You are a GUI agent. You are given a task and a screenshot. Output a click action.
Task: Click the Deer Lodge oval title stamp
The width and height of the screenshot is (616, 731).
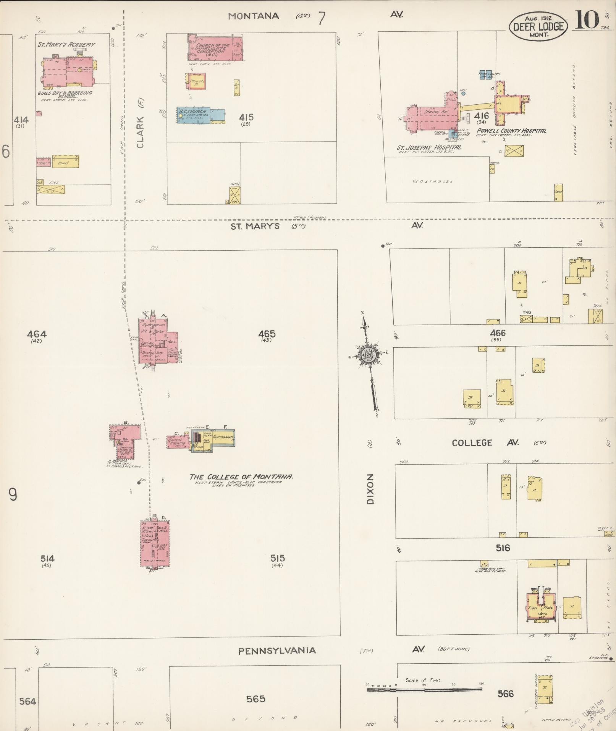(538, 26)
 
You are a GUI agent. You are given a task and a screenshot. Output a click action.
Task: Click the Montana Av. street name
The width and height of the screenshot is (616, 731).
(254, 16)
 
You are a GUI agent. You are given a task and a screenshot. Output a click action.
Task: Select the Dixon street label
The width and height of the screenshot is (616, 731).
(370, 489)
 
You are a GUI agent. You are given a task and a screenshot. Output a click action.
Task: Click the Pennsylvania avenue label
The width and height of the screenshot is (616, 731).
(277, 650)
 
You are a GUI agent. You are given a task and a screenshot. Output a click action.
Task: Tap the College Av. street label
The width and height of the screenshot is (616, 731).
(483, 442)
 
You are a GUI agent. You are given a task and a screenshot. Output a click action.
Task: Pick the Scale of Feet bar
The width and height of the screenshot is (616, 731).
(424, 690)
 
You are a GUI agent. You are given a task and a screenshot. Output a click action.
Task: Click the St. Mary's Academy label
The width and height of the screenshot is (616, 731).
(66, 45)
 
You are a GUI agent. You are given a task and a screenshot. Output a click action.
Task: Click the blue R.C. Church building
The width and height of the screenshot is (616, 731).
(200, 115)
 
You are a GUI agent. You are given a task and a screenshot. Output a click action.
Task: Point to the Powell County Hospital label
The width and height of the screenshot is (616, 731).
(511, 131)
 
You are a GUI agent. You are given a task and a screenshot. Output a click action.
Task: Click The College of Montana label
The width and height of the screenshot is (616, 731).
(241, 477)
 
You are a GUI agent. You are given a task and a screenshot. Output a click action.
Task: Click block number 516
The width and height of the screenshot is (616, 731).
(503, 548)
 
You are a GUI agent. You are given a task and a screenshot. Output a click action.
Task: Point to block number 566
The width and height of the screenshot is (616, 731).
(505, 693)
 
